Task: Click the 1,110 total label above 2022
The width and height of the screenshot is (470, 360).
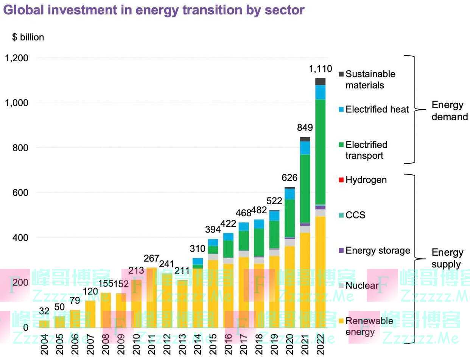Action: coord(320,69)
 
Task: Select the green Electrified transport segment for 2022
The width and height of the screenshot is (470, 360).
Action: coord(320,151)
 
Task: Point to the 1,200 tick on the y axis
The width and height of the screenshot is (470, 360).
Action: coord(16,58)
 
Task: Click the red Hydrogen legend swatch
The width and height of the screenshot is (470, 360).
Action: coord(341,180)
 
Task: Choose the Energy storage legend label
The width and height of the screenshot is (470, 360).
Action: coord(378,250)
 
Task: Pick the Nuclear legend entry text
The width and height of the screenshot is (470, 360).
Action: coord(362,286)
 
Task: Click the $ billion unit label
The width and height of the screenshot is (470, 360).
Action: coord(28,37)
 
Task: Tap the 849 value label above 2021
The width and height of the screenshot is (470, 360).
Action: coord(305,127)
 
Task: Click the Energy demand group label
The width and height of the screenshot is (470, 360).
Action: coord(450,111)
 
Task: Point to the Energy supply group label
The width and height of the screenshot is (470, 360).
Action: coord(447,258)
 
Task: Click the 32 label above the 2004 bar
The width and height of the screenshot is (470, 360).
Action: coord(44,311)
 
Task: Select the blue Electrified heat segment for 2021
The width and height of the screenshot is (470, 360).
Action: coord(305,148)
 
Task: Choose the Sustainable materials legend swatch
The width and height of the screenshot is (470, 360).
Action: coord(341,74)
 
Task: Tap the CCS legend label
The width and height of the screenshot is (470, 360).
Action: coord(355,215)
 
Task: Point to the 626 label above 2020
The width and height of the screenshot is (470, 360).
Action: coord(289,178)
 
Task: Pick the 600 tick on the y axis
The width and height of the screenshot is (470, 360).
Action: coord(20,193)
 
